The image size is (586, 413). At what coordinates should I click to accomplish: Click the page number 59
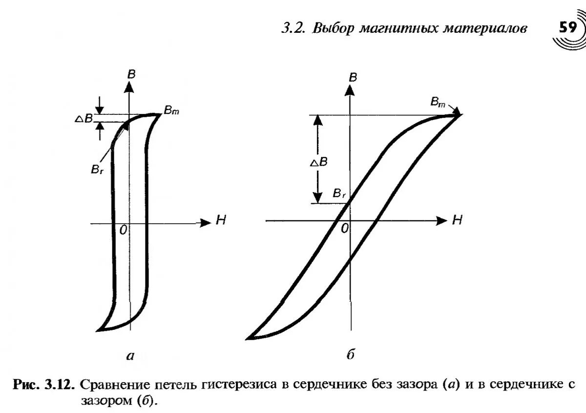pyautogui.click(x=568, y=28)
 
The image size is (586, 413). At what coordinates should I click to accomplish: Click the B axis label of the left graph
pyautogui.click(x=131, y=74)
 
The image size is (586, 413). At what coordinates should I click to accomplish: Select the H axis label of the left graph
pyautogui.click(x=221, y=221)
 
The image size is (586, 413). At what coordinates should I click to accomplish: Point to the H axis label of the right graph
pyautogui.click(x=457, y=220)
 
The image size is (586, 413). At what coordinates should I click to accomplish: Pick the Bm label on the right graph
pyautogui.click(x=438, y=102)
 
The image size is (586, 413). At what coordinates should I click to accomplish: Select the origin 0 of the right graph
pyautogui.click(x=345, y=228)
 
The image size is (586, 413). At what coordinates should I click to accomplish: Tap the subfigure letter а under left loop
pyautogui.click(x=130, y=356)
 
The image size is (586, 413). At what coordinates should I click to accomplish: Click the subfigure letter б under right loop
pyautogui.click(x=350, y=355)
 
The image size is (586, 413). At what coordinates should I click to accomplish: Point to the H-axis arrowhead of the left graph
pyautogui.click(x=205, y=222)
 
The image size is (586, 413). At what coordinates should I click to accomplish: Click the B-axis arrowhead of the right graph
pyautogui.click(x=349, y=89)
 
